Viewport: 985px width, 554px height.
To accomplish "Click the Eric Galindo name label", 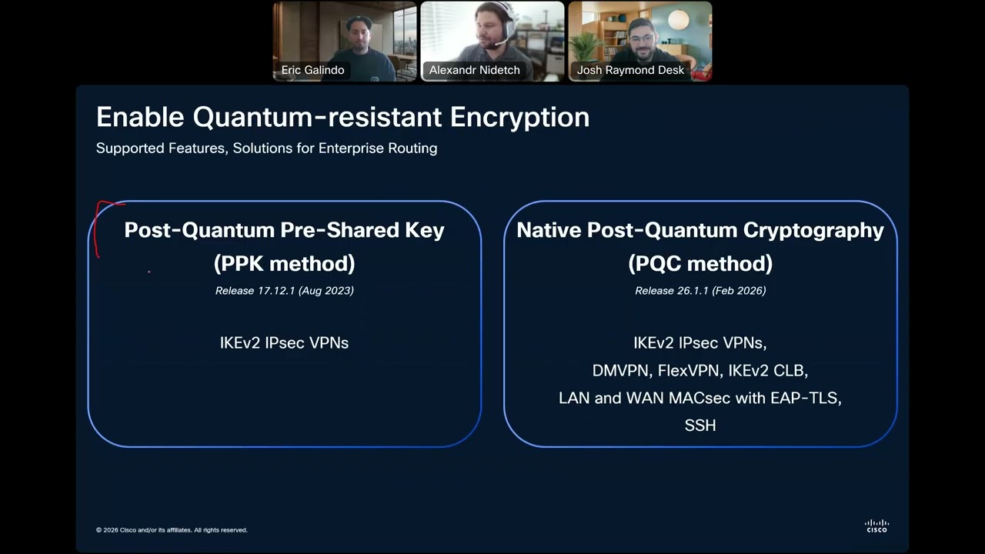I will (x=312, y=70).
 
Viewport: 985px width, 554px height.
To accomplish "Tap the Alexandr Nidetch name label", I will (x=474, y=70).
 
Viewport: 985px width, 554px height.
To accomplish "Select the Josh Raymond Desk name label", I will (x=630, y=70).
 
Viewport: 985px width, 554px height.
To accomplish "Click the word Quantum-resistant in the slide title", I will (x=317, y=117).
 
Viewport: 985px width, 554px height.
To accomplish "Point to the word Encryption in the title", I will (x=519, y=117).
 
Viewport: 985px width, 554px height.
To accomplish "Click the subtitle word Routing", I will (x=412, y=148).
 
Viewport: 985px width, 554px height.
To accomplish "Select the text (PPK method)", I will (x=284, y=263).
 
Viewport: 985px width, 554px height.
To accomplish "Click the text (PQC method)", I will (x=700, y=263).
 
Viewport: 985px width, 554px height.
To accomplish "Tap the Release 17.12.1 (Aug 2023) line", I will (x=284, y=290).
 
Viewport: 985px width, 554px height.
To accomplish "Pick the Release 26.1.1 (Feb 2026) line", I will (x=700, y=290).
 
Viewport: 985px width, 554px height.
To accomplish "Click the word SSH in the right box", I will (x=700, y=426).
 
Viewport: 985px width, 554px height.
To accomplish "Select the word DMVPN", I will (x=620, y=370).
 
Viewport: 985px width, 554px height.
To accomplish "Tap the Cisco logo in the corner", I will (x=876, y=526).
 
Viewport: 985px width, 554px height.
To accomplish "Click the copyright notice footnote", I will (x=172, y=530).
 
